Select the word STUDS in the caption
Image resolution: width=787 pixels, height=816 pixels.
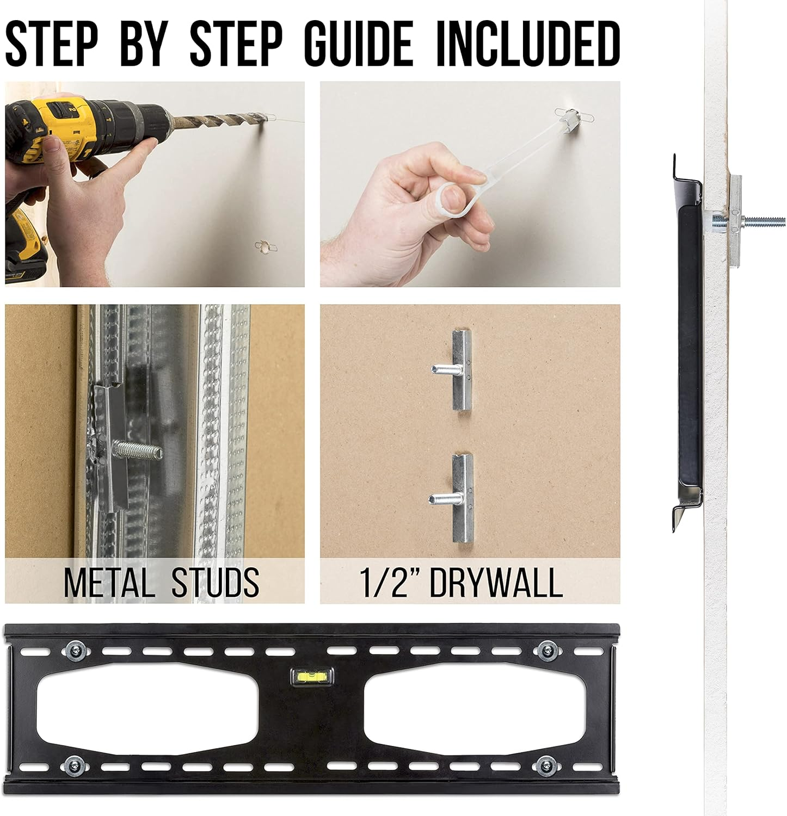[216, 583]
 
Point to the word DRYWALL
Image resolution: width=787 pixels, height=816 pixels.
[496, 583]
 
